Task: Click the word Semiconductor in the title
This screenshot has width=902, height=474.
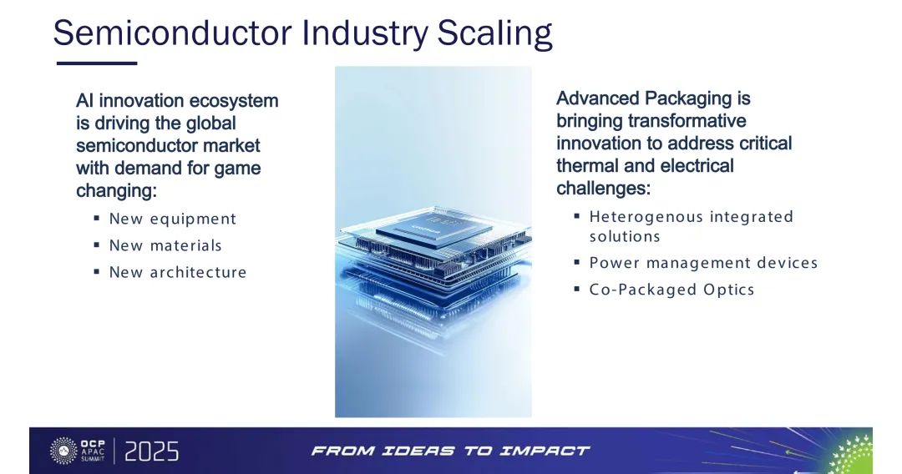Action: (173, 33)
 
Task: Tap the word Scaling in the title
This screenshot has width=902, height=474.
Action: (494, 34)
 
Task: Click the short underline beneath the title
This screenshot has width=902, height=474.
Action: (97, 63)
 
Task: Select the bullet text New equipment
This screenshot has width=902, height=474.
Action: (173, 219)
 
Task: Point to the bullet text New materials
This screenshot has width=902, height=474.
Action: (165, 245)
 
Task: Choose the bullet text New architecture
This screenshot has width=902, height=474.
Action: (178, 272)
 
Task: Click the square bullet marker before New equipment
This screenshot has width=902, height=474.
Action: (97, 219)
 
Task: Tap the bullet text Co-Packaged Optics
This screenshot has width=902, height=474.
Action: (671, 290)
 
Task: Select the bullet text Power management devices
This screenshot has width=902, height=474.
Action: (703, 263)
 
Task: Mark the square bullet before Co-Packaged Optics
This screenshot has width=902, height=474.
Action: (576, 289)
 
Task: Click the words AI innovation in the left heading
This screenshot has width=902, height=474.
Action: (130, 101)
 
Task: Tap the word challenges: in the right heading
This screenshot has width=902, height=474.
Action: (604, 189)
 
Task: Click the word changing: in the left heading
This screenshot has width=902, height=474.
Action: (116, 191)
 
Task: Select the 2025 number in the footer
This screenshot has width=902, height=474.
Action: (151, 451)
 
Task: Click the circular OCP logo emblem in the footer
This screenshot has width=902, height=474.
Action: (63, 451)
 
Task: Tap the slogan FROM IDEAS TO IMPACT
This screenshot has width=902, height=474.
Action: (450, 451)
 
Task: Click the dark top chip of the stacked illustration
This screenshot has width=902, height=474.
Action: (434, 229)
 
